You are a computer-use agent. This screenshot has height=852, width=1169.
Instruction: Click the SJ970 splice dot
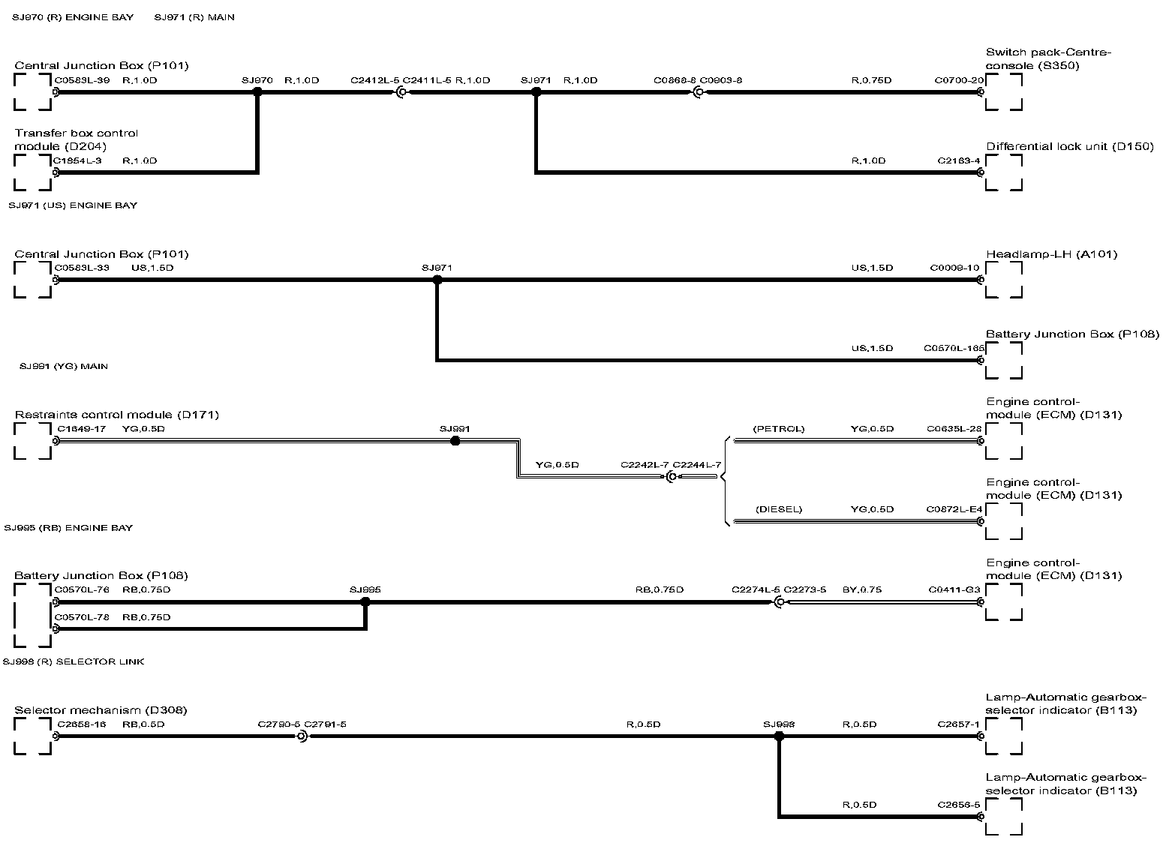click(257, 92)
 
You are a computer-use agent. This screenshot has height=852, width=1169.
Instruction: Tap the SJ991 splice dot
click(455, 441)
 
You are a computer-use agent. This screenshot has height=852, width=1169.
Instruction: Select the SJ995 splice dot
click(365, 601)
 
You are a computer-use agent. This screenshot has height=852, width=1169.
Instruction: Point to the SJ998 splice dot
click(779, 736)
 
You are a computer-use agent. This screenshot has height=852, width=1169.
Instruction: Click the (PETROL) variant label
click(778, 429)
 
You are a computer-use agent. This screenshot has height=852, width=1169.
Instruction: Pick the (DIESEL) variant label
click(778, 509)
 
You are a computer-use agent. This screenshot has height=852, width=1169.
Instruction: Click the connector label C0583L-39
click(82, 80)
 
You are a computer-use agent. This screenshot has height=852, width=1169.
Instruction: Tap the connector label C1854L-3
click(77, 160)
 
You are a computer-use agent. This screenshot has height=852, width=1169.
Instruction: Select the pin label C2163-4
click(959, 160)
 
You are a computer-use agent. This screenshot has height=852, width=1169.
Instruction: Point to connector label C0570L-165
click(954, 348)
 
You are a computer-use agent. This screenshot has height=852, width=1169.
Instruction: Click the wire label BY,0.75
click(861, 589)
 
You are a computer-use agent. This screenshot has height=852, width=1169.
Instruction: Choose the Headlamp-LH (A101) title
click(1051, 254)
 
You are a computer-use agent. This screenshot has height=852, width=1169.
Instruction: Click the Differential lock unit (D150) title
click(1069, 147)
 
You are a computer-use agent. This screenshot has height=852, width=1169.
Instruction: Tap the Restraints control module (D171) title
click(116, 415)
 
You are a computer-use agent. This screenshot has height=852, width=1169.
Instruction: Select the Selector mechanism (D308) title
click(101, 710)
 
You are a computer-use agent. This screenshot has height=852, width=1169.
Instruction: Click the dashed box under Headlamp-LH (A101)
click(1004, 280)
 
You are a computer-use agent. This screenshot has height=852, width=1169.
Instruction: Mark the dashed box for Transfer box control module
click(32, 172)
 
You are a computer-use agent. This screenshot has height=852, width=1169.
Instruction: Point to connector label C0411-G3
click(954, 589)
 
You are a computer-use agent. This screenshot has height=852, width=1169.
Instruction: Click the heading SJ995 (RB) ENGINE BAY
click(68, 528)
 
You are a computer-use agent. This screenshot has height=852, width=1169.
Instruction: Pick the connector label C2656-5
click(959, 805)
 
